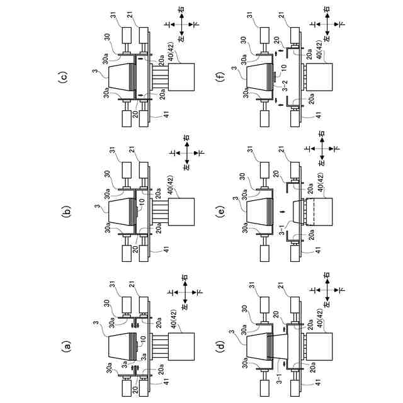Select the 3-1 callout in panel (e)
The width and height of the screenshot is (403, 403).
click(x=285, y=239)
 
